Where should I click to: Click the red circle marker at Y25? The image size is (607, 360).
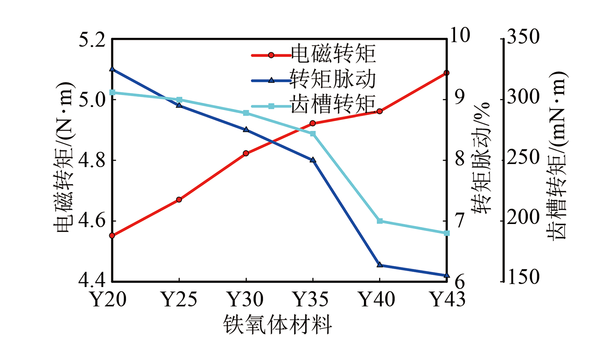[179, 199]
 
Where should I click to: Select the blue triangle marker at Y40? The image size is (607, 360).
[380, 264]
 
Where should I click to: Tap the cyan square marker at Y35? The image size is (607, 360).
[313, 134]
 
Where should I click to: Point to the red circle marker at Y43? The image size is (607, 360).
[446, 73]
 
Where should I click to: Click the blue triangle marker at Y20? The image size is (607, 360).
[112, 69]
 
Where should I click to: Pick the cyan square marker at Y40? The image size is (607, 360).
[380, 221]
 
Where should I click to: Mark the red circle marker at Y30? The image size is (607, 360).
[246, 153]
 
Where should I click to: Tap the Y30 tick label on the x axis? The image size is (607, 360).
[245, 299]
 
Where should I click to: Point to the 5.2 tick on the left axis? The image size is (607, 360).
[92, 40]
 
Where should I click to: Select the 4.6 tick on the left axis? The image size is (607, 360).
[92, 221]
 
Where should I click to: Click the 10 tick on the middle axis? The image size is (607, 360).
[460, 36]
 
